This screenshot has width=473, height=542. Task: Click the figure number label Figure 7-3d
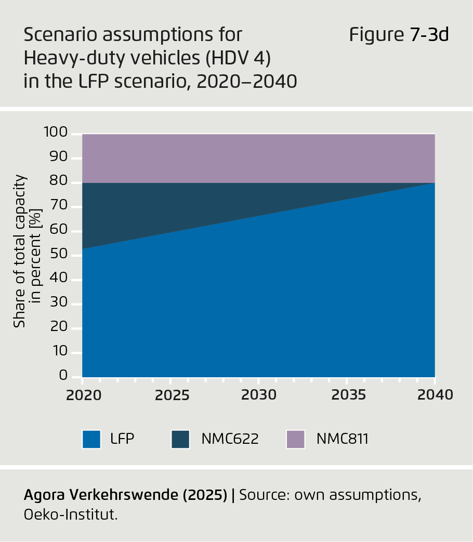pyautogui.click(x=398, y=35)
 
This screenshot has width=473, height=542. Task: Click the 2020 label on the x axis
pyautogui.click(x=83, y=395)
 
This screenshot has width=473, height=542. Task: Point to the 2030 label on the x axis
pyautogui.click(x=259, y=395)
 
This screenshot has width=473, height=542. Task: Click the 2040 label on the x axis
pyautogui.click(x=435, y=395)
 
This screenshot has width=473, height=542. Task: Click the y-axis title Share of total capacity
pyautogui.click(x=20, y=252)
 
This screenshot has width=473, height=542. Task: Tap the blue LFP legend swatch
pyautogui.click(x=91, y=439)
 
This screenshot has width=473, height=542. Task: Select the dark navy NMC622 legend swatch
pyautogui.click(x=180, y=439)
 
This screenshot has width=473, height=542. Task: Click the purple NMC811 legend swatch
pyautogui.click(x=296, y=439)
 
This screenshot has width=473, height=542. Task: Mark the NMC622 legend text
pyautogui.click(x=230, y=439)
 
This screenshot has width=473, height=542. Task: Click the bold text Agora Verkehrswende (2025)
pyautogui.click(x=125, y=495)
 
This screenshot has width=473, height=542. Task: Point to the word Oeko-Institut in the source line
pyautogui.click(x=70, y=515)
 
